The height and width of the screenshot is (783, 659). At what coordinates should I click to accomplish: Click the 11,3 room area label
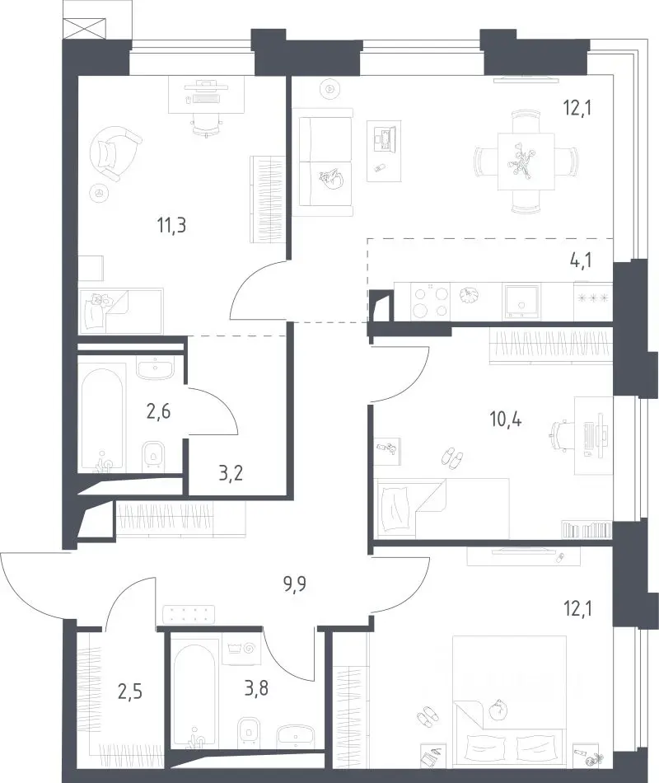(x=171, y=225)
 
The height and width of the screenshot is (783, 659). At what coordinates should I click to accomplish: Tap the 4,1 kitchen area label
(x=580, y=260)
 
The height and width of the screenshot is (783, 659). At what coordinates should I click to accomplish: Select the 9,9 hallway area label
(x=295, y=584)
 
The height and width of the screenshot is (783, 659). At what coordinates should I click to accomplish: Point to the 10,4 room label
(x=506, y=420)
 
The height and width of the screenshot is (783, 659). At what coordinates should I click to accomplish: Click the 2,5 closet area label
(x=130, y=692)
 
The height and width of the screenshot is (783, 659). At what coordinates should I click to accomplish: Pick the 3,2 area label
(x=231, y=472)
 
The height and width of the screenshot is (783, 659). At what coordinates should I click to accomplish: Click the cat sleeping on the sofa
(x=330, y=179)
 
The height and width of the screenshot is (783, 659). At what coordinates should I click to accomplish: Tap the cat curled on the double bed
(x=498, y=710)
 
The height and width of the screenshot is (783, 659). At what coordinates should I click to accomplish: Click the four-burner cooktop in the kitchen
(x=430, y=302)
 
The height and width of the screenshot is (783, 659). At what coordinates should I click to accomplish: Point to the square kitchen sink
(x=522, y=302)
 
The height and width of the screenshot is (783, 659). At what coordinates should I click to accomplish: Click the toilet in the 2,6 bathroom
(x=154, y=457)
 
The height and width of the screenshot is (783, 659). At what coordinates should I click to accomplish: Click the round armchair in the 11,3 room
(x=115, y=153)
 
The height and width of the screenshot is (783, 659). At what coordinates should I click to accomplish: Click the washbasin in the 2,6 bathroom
(x=155, y=368)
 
